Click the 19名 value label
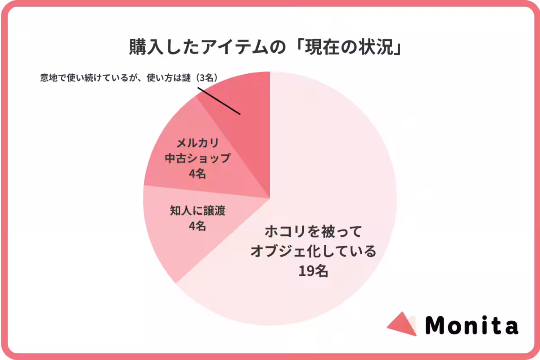(x=313, y=271)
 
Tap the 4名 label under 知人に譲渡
(x=198, y=226)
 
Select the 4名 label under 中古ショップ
(x=198, y=174)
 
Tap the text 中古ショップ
(x=198, y=158)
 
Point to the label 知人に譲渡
(x=198, y=211)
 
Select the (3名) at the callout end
(x=207, y=77)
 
